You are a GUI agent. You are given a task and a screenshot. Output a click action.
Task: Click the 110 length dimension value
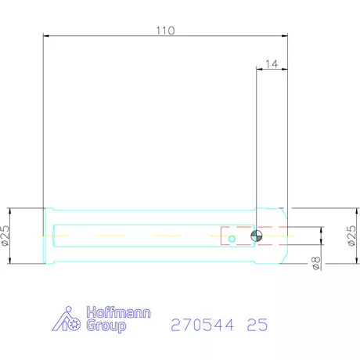(x=164, y=31)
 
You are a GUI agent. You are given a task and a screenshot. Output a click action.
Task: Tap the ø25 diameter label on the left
(x=5, y=236)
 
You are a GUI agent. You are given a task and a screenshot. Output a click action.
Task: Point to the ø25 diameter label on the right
(x=351, y=236)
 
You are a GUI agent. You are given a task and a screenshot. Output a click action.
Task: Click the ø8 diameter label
(x=315, y=264)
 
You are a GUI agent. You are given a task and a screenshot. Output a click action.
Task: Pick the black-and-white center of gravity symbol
(x=257, y=236)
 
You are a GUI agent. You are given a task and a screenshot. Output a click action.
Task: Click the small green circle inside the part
(x=232, y=239)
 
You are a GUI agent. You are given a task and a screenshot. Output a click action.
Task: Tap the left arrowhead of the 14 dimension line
(x=259, y=69)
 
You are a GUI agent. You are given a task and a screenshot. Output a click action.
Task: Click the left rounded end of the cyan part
(x=48, y=236)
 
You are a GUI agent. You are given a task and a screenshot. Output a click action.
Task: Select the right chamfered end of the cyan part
(x=283, y=236)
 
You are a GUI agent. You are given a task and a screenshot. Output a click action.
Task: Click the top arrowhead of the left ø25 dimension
(x=10, y=210)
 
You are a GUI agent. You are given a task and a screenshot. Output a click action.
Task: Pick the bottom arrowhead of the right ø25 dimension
(x=343, y=261)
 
